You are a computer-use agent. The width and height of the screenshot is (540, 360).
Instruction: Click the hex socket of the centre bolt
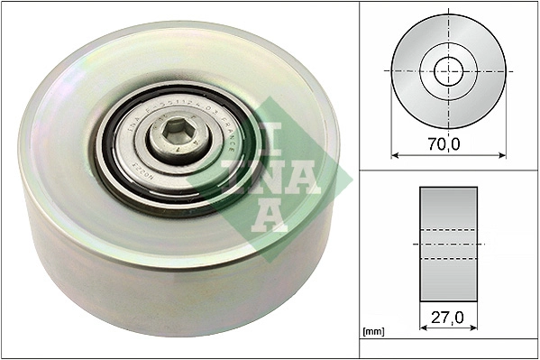point(179,139)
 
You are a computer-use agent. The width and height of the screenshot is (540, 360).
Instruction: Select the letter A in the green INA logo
point(267,215)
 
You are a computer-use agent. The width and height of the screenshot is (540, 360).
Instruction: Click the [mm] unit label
point(373,332)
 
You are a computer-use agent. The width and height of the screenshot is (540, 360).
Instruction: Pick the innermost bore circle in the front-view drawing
point(448,70)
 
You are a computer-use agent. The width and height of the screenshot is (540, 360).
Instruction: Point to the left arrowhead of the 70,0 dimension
point(395,156)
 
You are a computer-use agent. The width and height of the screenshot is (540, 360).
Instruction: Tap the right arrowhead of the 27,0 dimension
point(474,330)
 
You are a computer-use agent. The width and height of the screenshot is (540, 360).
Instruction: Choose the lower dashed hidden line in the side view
point(448,260)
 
